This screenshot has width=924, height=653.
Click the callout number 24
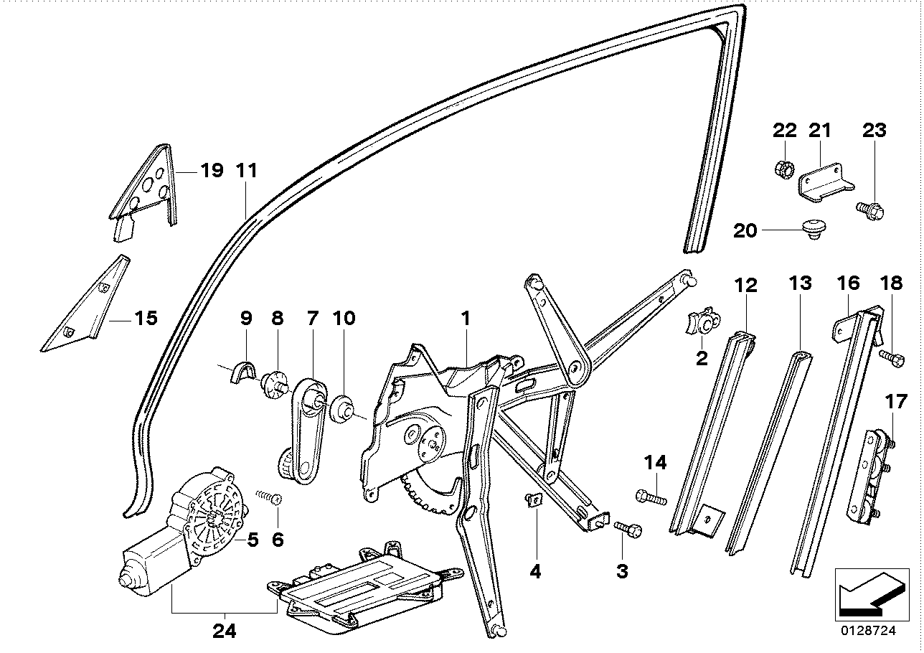225,631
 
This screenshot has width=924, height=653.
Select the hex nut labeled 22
784,170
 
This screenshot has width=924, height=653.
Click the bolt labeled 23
870,210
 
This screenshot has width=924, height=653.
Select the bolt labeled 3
629,529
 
